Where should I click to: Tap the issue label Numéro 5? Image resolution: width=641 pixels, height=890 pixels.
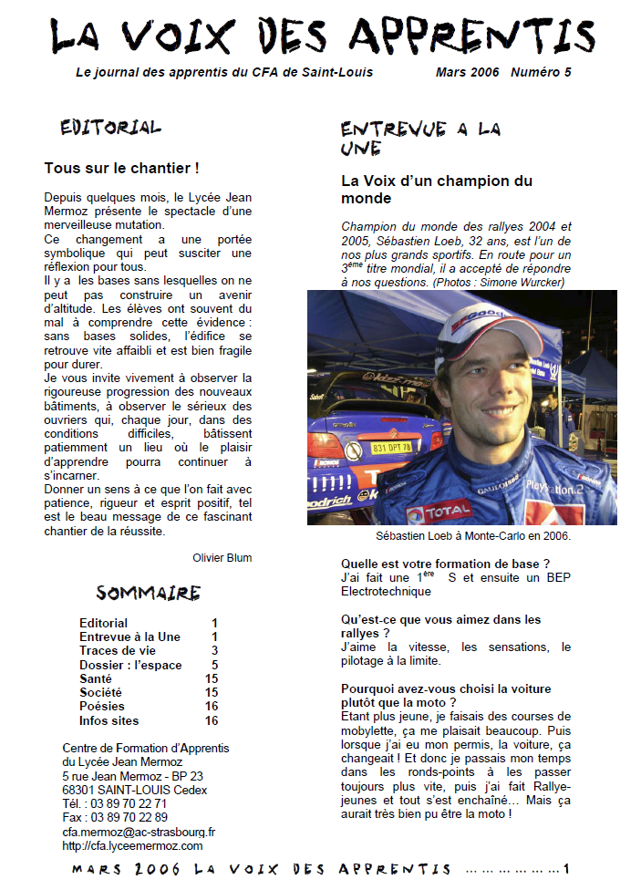tap(541, 72)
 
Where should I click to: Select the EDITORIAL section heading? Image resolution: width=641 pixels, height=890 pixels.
tap(110, 128)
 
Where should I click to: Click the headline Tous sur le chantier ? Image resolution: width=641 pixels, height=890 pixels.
tap(121, 169)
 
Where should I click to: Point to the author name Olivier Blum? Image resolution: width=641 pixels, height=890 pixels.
tap(222, 557)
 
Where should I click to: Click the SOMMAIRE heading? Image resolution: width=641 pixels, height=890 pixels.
tap(148, 594)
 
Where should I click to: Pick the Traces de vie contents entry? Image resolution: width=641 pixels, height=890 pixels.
tap(117, 650)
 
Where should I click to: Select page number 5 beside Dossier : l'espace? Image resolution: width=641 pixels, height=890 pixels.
tap(214, 665)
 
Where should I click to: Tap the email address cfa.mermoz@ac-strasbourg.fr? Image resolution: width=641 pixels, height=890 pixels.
tap(139, 832)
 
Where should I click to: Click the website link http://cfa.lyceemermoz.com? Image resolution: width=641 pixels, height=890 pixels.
tap(132, 845)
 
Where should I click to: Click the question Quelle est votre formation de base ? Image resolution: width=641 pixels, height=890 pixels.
tap(445, 564)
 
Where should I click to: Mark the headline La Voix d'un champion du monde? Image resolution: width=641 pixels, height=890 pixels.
tap(436, 190)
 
